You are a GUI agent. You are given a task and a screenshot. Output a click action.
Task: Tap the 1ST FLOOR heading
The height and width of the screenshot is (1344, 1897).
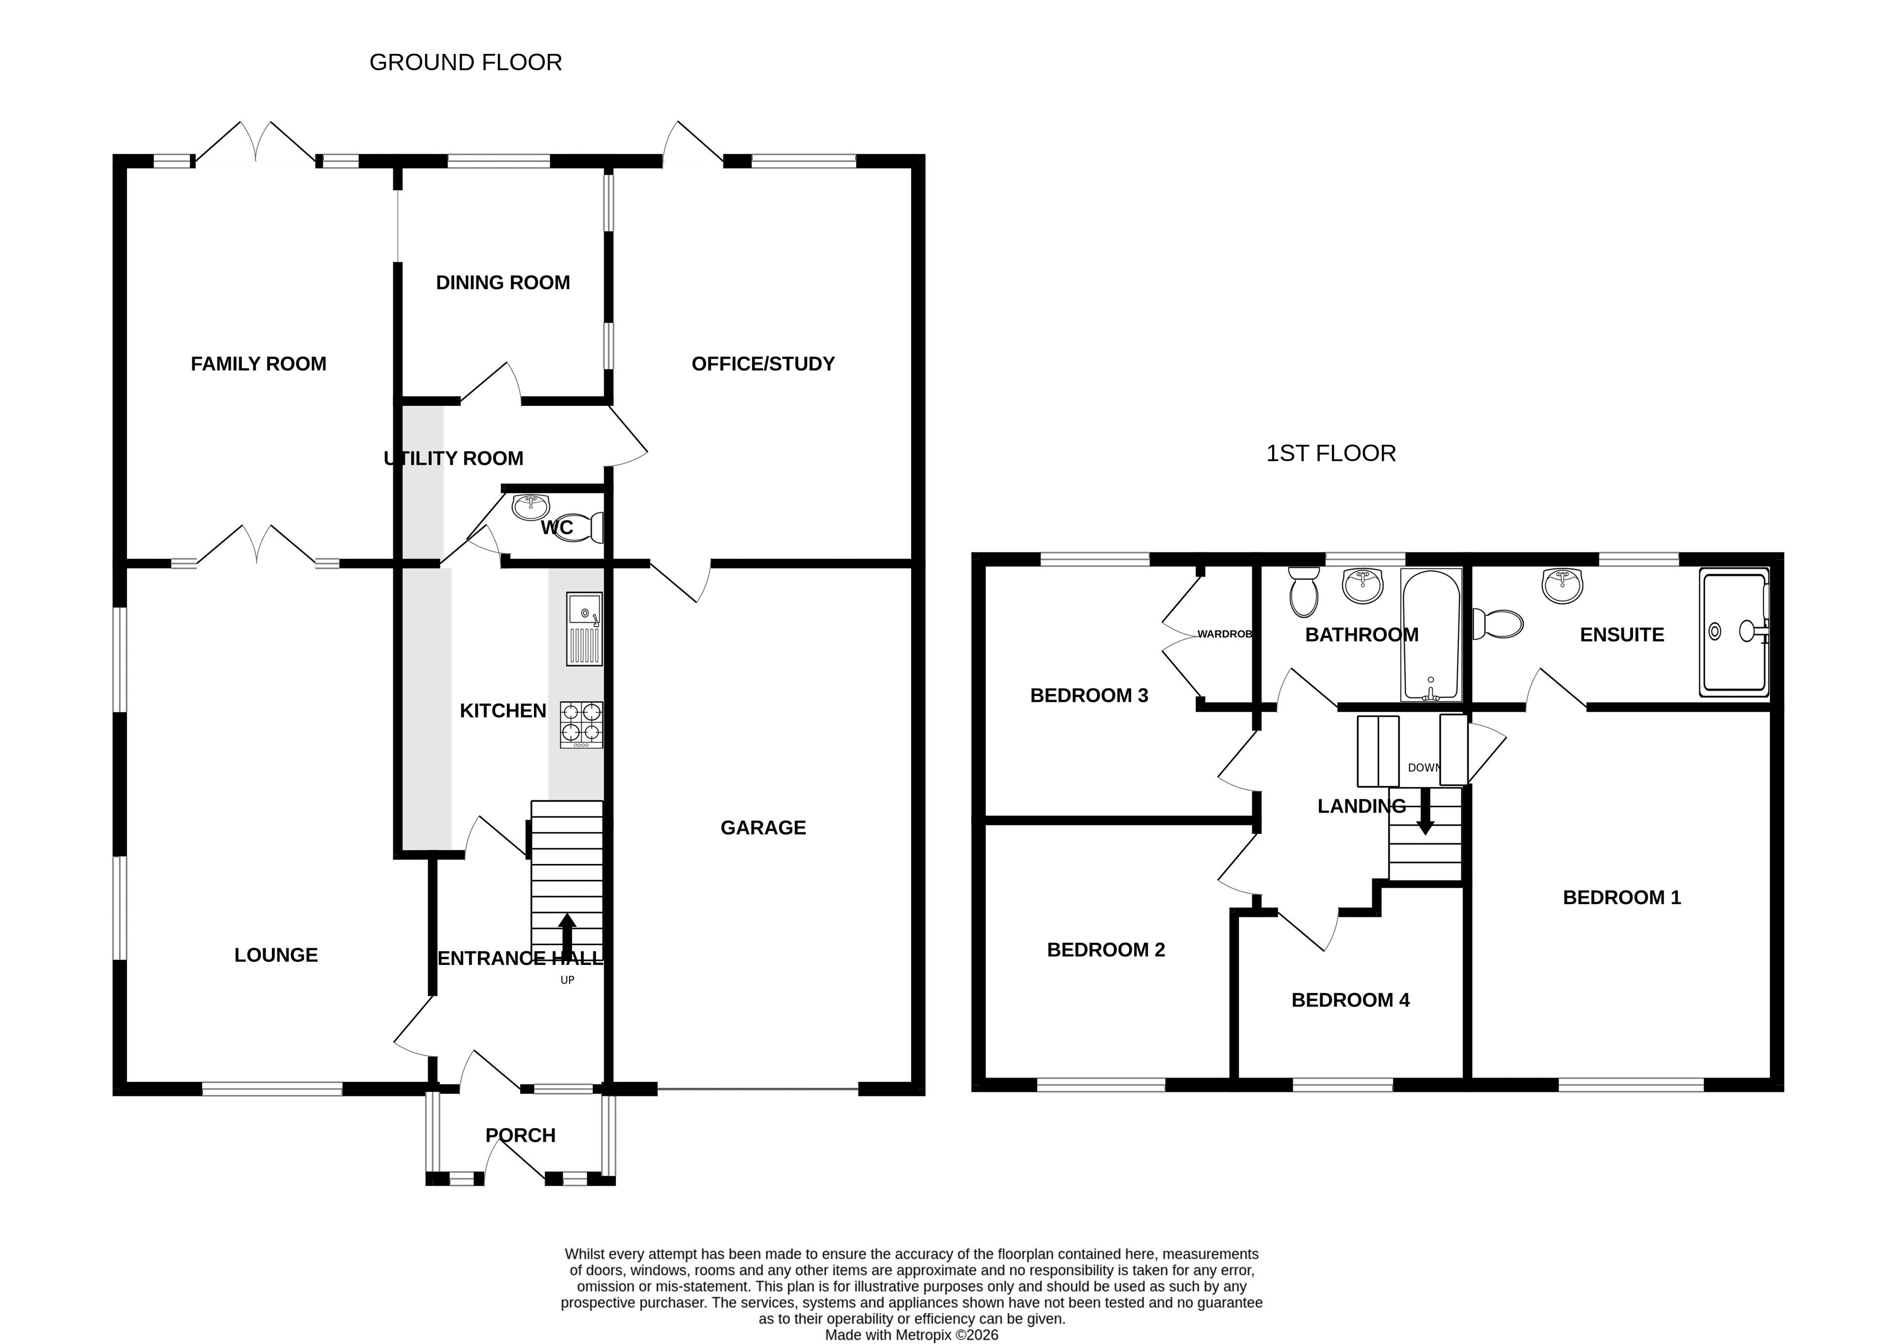point(1331,453)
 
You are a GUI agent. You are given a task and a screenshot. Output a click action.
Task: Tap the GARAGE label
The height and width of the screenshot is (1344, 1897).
point(763,827)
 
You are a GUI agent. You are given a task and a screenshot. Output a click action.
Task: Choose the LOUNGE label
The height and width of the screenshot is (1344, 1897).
point(275,955)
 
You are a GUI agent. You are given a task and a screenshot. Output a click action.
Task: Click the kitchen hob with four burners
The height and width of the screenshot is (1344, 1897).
point(582,725)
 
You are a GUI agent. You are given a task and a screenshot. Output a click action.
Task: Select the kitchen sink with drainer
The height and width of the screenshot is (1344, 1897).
point(584,629)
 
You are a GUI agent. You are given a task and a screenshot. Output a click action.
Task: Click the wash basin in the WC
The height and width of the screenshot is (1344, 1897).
point(530,505)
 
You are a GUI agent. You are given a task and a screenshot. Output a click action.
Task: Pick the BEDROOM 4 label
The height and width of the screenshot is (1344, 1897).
point(1350,1000)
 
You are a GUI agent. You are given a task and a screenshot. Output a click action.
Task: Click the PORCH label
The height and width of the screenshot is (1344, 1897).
point(520,1135)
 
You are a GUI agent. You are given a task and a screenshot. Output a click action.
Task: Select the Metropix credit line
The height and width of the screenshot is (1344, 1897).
point(911,1335)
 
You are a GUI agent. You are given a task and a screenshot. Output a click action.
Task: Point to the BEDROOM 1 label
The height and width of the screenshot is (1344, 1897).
point(1622,897)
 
